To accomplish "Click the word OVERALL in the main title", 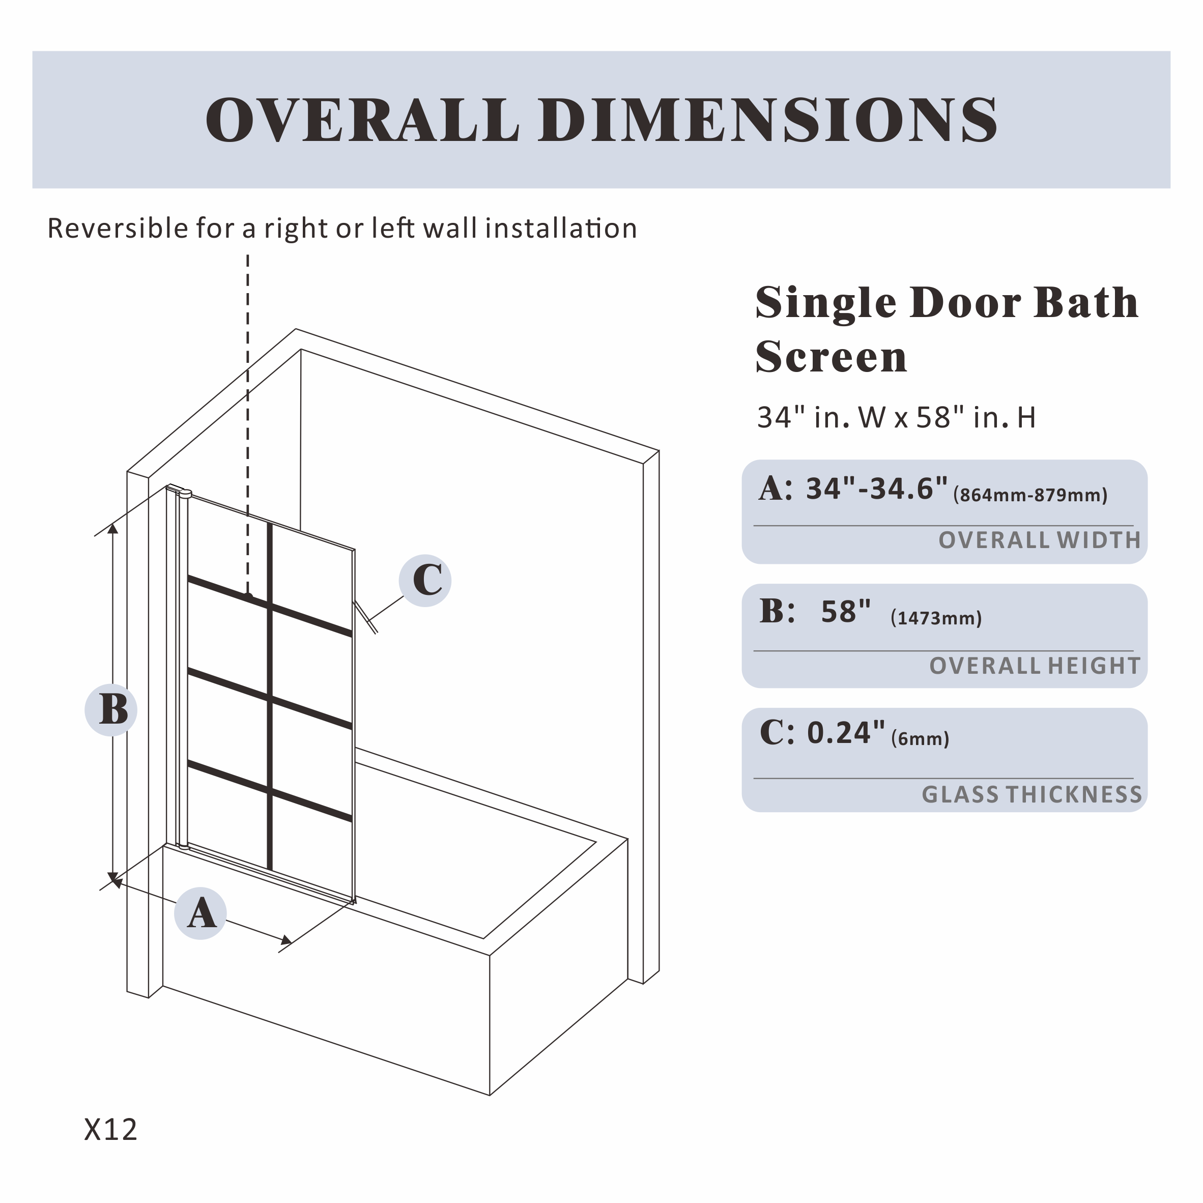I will coord(362,120).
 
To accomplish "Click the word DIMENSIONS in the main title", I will coord(768,120).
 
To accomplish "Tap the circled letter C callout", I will coord(426,580).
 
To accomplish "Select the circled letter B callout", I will coord(111,709).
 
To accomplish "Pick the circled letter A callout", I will coord(200,913).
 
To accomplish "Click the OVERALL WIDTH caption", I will coord(1039,540).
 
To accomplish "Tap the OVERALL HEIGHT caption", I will coord(1034,666).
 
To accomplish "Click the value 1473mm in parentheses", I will coord(936,618).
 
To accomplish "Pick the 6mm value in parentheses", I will coord(920,739).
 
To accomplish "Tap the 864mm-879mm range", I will coord(1030,496).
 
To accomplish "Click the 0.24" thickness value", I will coord(846,733).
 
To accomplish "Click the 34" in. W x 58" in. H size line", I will coord(896,418).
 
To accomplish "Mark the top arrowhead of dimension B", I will coord(112,529).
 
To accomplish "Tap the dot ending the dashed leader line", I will coord(248,596).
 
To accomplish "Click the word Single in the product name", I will coord(825,303).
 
